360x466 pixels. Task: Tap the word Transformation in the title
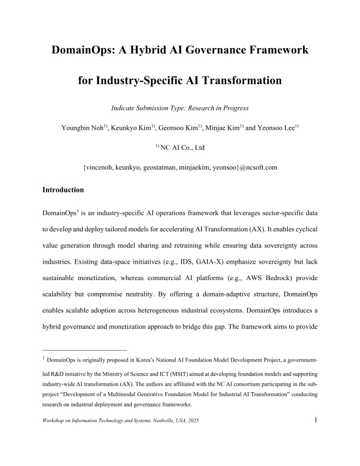click(x=240, y=81)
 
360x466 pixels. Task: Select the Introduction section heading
click(x=63, y=190)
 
